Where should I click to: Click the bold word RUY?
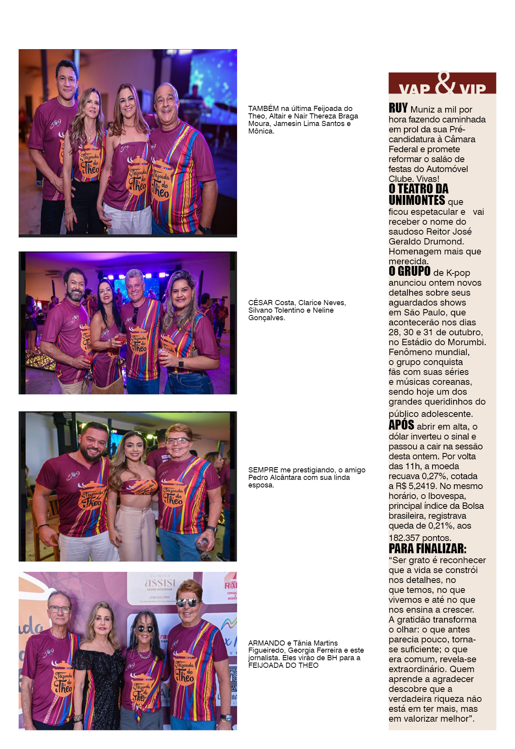(398, 108)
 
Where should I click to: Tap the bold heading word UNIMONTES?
(417, 200)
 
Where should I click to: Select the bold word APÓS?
(401, 425)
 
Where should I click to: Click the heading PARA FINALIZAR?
(427, 549)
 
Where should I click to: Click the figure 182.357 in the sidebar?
(404, 538)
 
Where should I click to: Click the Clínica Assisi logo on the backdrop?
(160, 583)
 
